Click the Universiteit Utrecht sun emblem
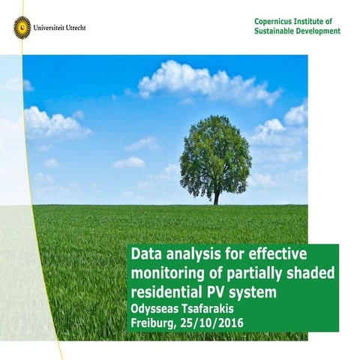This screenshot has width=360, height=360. [22, 28]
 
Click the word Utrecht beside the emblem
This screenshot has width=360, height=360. [73, 28]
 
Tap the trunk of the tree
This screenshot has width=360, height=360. [217, 196]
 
